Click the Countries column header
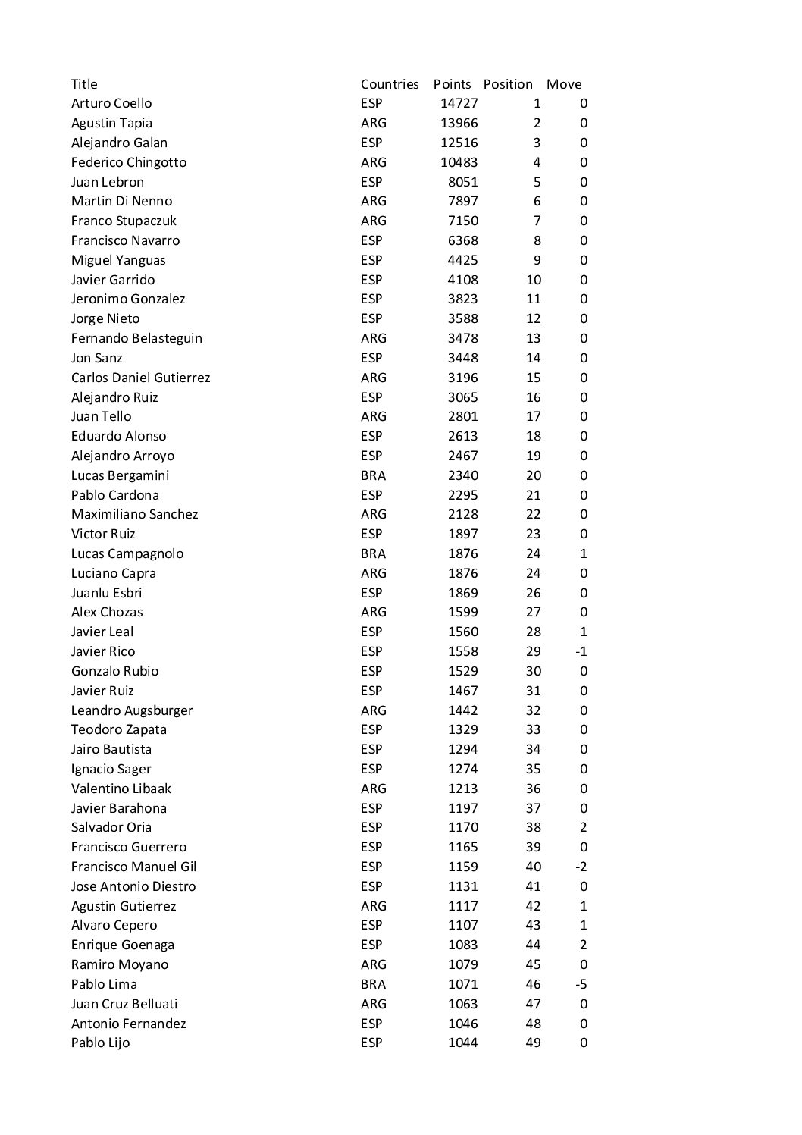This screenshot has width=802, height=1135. [390, 84]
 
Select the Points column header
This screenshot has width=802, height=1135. [452, 84]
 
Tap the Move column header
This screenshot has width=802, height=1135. [564, 84]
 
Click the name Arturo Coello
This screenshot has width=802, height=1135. [111, 103]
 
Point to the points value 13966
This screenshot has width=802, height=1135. [459, 123]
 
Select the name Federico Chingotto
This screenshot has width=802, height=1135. [129, 162]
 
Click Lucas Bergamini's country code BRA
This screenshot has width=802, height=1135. [373, 475]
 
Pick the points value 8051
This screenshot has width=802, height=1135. [462, 182]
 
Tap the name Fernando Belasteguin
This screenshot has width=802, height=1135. [136, 338]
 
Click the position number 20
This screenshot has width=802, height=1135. [534, 475]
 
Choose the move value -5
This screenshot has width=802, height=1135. [581, 984]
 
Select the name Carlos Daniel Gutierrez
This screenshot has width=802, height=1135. [141, 378]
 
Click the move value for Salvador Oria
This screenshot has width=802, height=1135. [583, 827]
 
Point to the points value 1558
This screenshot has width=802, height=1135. [462, 651]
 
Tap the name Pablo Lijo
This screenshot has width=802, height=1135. [100, 1043]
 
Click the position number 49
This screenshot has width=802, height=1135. [534, 1043]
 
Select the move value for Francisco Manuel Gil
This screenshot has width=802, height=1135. [581, 867]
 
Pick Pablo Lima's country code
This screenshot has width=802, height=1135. [373, 984]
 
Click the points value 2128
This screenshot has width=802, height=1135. [462, 514]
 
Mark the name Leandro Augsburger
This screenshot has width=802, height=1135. [132, 710]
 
